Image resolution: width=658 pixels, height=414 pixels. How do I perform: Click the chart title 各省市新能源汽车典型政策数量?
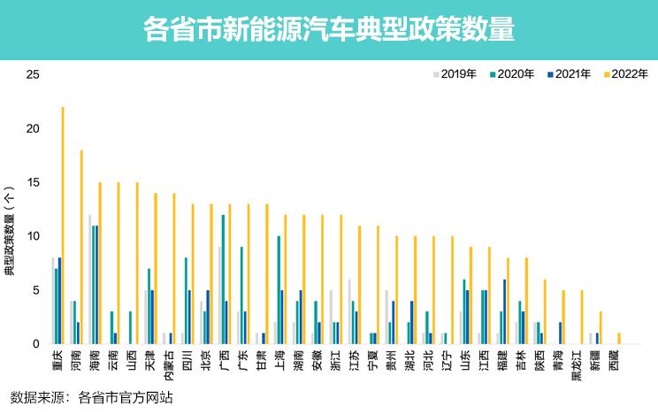click(x=329, y=30)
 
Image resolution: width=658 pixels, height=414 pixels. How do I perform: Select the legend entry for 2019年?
click(x=458, y=74)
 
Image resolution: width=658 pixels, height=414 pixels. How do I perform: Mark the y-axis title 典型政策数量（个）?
click(x=10, y=230)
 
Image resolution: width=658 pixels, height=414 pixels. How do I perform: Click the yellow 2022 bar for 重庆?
click(x=63, y=226)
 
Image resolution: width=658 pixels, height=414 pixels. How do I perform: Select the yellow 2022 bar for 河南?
click(x=81, y=247)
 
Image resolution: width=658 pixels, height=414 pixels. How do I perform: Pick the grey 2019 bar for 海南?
click(x=90, y=279)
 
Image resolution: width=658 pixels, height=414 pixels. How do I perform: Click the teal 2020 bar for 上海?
click(x=279, y=289)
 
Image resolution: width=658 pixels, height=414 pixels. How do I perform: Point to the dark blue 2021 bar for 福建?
click(x=505, y=311)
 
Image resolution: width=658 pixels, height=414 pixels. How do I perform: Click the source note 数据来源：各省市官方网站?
click(x=91, y=397)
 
